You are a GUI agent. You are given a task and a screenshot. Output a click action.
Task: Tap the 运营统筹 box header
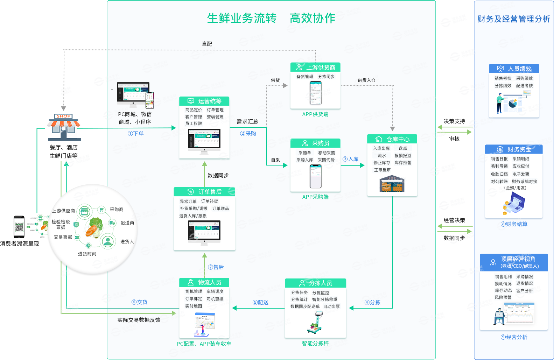click(x=204, y=101)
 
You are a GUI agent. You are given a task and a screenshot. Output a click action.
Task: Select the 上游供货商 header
click(x=315, y=67)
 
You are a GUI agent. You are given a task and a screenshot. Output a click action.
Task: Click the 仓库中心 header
click(x=392, y=139)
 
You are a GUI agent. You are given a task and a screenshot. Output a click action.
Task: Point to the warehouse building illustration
click(x=392, y=184)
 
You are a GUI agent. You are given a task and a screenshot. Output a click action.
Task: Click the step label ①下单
click(x=136, y=133)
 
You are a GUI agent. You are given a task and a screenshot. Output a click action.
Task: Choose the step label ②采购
click(x=248, y=133)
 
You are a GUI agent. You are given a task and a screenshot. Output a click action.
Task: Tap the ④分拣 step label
click(x=372, y=302)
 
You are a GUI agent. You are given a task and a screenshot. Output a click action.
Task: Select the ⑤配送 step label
click(x=260, y=302)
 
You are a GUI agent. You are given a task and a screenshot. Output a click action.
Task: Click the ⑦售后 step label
click(x=216, y=267)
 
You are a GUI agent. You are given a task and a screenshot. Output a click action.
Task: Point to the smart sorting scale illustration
click(x=315, y=323)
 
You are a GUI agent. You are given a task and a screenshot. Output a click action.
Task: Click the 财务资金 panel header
click(x=514, y=149)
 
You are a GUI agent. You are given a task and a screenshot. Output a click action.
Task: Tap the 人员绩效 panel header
click(x=514, y=69)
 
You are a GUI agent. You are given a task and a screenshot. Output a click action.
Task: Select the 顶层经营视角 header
click(x=514, y=262)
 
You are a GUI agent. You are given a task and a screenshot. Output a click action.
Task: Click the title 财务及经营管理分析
click(x=514, y=19)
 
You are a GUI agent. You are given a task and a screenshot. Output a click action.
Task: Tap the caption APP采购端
click(x=315, y=197)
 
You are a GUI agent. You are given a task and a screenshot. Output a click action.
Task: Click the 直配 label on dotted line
click(x=207, y=44)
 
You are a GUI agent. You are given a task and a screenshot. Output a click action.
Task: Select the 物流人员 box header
click(x=204, y=282)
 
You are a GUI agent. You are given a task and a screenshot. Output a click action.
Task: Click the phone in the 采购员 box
click(x=315, y=176)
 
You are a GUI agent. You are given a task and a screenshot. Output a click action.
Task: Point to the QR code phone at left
click(x=19, y=226)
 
